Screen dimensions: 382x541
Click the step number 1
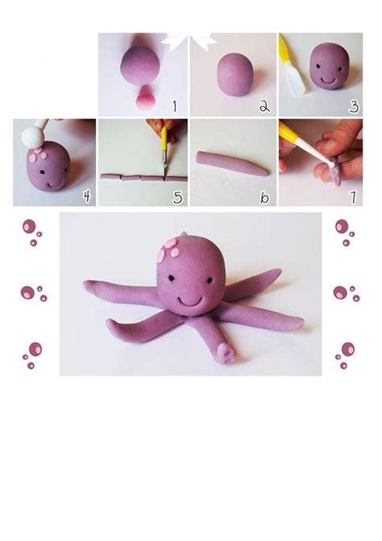click(175, 106)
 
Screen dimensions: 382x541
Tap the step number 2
click(264, 106)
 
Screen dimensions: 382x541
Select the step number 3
click(354, 106)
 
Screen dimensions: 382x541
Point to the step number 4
click(87, 196)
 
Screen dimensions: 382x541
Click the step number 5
click(177, 197)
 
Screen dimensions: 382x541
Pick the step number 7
click(353, 197)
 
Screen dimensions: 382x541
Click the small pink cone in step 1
click(146, 98)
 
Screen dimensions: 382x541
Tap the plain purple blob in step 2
click(235, 73)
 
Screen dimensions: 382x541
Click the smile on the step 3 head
click(328, 81)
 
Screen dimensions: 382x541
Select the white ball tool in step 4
click(33, 136)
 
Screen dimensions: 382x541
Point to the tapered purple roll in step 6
click(232, 163)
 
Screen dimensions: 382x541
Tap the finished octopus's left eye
click(171, 278)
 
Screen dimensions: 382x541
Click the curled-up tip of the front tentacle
click(226, 353)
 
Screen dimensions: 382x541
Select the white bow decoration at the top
click(189, 40)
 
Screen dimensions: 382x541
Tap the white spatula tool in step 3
click(293, 79)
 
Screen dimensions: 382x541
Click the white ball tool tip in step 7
click(332, 165)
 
